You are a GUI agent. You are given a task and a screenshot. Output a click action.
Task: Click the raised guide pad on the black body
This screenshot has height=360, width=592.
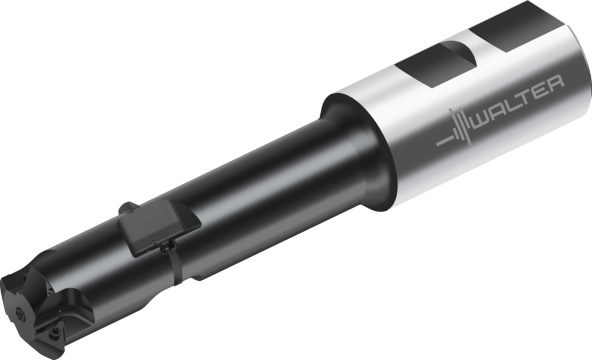(158, 226)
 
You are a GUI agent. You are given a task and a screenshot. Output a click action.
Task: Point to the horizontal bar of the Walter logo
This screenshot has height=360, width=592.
(442, 140)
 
